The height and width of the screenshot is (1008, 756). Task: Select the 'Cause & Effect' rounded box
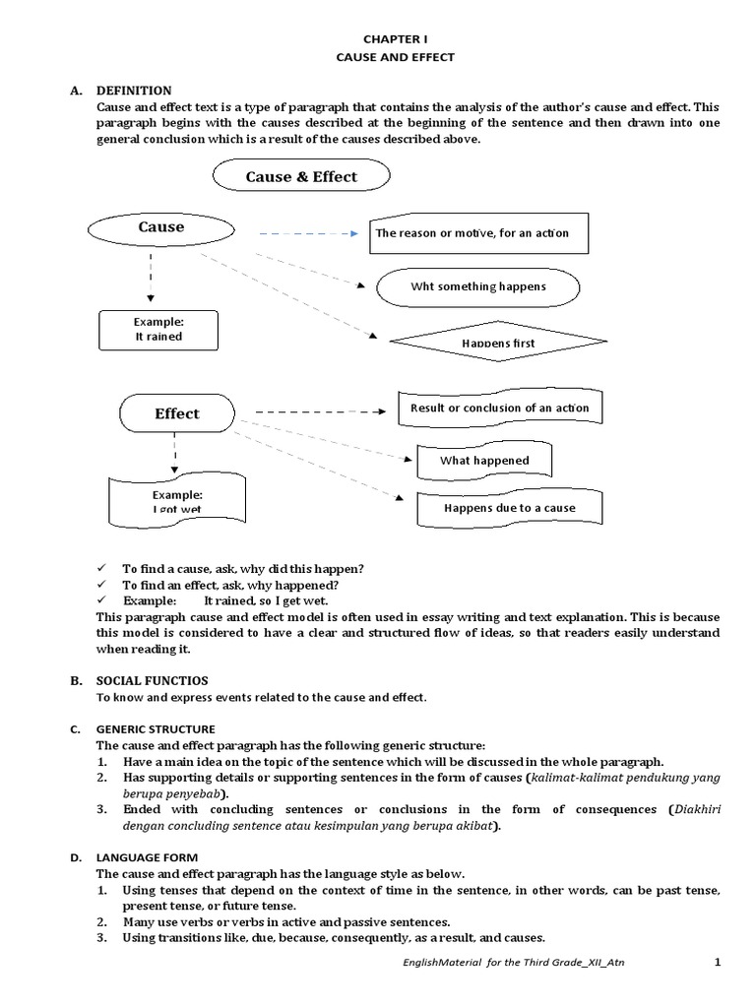301,177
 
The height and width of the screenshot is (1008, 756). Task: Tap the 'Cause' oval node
161,227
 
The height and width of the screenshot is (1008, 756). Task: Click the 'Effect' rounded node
177,413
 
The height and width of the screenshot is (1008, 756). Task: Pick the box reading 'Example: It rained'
158,329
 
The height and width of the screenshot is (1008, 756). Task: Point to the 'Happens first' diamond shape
499,342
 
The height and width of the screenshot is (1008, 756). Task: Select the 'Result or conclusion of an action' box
499,408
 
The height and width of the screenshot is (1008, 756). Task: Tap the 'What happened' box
484,460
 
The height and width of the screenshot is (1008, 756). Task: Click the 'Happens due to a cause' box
509,508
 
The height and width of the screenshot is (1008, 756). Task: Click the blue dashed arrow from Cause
308,234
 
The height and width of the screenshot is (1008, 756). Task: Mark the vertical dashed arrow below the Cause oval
150,276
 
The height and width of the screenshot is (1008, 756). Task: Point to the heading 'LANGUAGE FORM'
147,858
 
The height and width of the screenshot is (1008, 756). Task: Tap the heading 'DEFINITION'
134,90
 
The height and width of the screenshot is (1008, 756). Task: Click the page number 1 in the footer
717,961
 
